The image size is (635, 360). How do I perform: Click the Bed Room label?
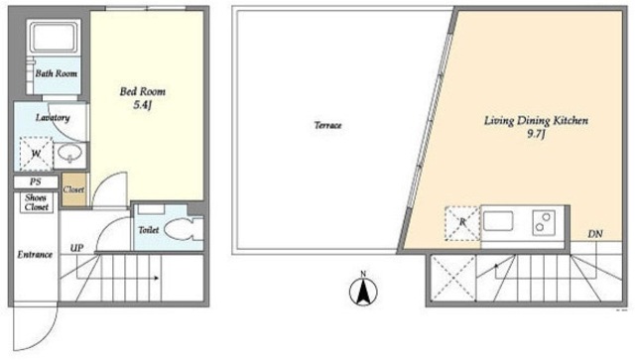143,91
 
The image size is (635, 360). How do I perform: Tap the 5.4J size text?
142,106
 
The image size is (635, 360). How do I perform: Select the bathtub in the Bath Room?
54,37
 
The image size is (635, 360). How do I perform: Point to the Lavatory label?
53,118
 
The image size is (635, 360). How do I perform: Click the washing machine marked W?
36,154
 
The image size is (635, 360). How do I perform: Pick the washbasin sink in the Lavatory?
69,154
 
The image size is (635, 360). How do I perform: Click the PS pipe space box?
36,181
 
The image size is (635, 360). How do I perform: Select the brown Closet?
74,189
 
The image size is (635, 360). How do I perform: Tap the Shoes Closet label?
36,202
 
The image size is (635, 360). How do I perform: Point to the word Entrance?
35,255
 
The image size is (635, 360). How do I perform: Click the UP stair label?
77,248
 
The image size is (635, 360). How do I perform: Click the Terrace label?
328,125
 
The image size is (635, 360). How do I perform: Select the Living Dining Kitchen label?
536,121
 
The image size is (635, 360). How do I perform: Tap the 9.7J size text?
536,135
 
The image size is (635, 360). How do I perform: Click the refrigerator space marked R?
462,223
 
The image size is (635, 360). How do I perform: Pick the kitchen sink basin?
498,221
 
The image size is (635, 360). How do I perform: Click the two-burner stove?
544,222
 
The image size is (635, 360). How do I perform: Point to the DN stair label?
595,234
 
